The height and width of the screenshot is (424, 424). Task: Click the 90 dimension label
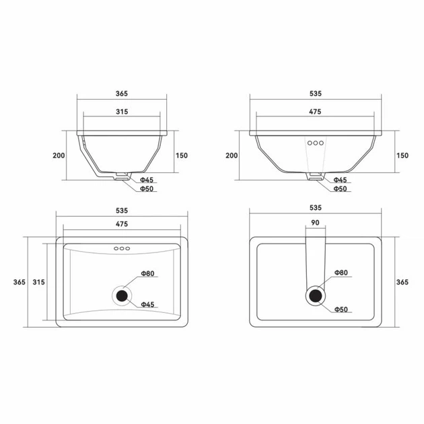tap(315, 223)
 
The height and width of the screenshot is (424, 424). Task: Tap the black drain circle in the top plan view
tap(122, 296)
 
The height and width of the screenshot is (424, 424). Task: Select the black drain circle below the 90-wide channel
tap(315, 295)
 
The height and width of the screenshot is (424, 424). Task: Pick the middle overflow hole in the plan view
tap(122, 248)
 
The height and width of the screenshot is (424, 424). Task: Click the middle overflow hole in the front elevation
tap(315, 143)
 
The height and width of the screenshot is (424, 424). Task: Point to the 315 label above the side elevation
tap(122, 112)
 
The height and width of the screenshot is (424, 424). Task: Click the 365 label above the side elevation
tap(122, 94)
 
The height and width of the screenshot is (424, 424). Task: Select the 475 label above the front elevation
tap(315, 112)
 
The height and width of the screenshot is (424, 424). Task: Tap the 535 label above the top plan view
tap(122, 211)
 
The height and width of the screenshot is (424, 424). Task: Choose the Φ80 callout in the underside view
tap(341, 273)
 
